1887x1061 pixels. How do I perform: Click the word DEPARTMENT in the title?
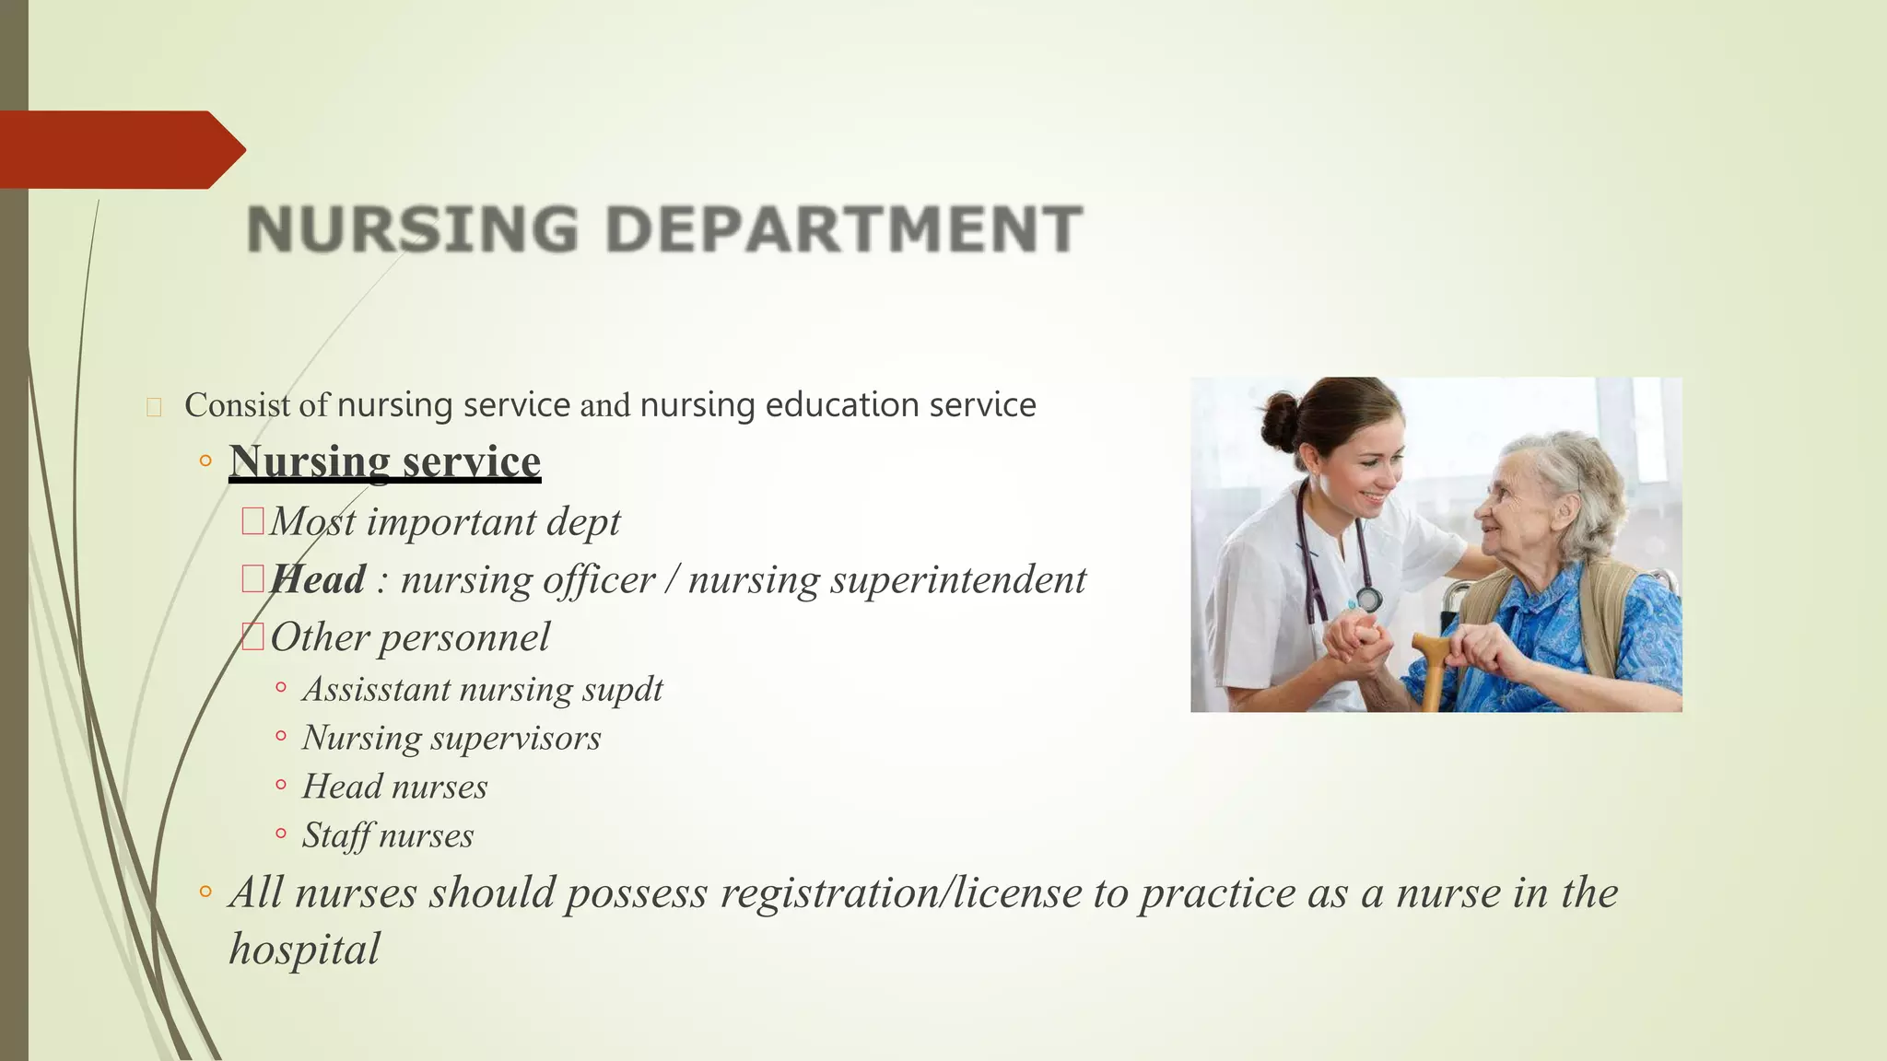coord(843,228)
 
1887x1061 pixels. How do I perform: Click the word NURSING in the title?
coord(413,228)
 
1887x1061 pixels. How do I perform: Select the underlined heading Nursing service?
coord(384,461)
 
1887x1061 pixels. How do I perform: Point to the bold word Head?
coord(319,579)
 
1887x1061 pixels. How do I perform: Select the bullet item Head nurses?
coord(394,787)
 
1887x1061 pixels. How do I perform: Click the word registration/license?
coord(901,892)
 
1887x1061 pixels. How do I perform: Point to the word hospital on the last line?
coord(304,950)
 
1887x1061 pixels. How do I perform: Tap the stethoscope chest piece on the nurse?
coord(1369,600)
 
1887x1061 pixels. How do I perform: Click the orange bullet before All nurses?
coord(205,892)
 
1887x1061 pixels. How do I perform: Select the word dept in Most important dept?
coord(583,522)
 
